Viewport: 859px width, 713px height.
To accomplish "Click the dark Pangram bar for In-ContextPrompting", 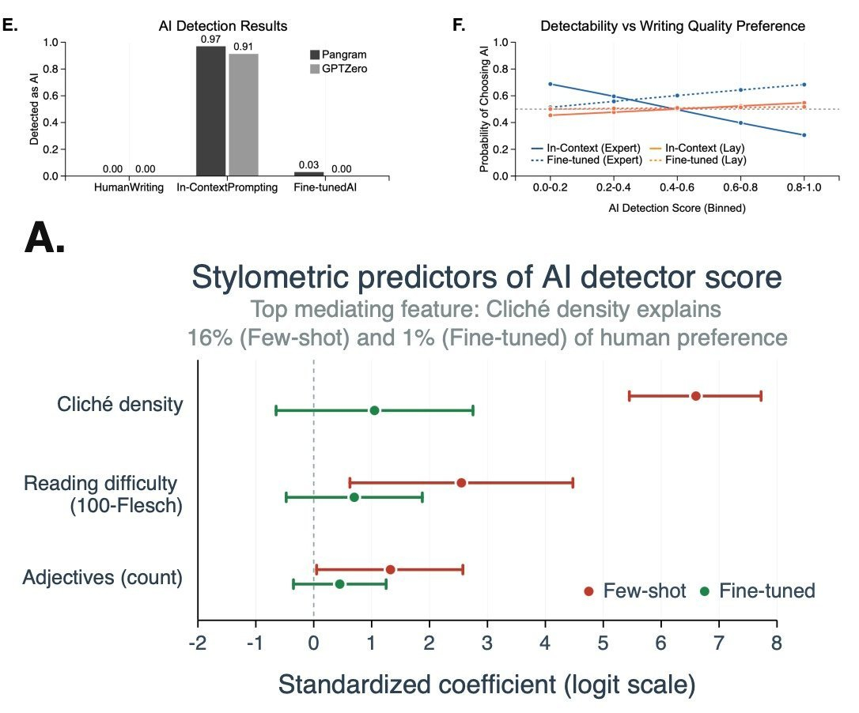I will pyautogui.click(x=210, y=111).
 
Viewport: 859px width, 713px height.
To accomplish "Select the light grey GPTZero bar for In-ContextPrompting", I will pyautogui.click(x=244, y=115).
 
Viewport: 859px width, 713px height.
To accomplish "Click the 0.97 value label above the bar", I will pyautogui.click(x=210, y=40).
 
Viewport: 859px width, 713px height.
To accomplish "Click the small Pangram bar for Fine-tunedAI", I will pyautogui.click(x=309, y=173).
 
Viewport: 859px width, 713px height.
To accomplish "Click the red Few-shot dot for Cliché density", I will pyautogui.click(x=696, y=396).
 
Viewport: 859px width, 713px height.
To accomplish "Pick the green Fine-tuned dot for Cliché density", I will pyautogui.click(x=374, y=410).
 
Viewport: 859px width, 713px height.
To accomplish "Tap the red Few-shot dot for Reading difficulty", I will pyautogui.click(x=461, y=482).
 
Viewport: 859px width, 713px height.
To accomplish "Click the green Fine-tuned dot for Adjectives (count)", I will pyautogui.click(x=339, y=584).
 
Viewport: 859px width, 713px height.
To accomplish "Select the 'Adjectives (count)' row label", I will pyautogui.click(x=104, y=578).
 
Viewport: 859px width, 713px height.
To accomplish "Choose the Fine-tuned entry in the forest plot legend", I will pyautogui.click(x=759, y=591).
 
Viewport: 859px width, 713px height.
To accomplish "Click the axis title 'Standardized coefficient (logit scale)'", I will pyautogui.click(x=486, y=685).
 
